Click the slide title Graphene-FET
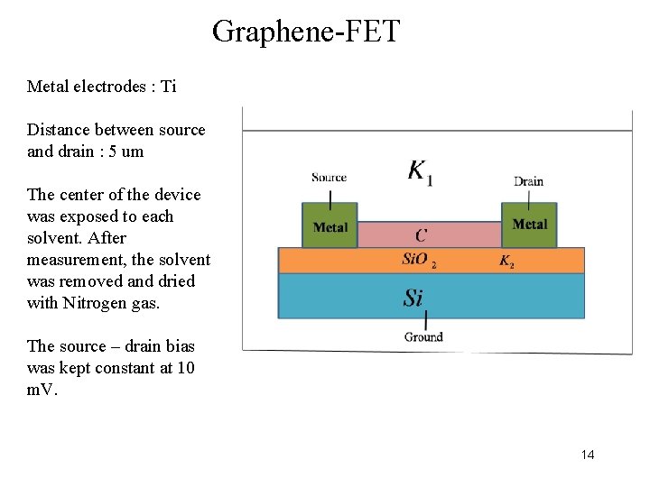pos(305,32)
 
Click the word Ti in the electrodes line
pos(167,87)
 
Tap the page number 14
pos(588,455)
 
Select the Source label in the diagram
pos(329,177)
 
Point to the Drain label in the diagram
pos(528,181)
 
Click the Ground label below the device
pos(423,336)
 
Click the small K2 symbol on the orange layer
pos(507,262)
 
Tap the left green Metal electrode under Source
pos(330,226)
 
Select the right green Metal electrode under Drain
pos(529,225)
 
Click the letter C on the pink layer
pos(421,235)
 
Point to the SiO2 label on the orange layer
pos(419,261)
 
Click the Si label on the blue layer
pos(413,297)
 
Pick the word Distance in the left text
pos(57,130)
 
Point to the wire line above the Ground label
pos(425,320)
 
